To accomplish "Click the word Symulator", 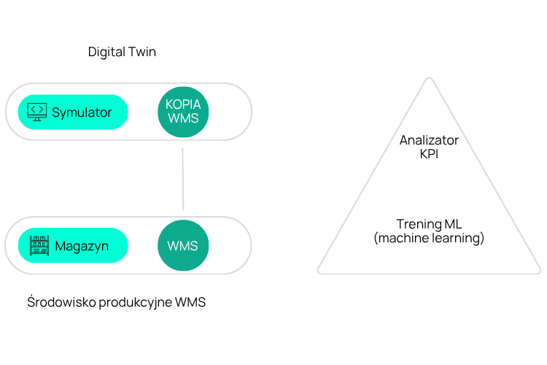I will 82,112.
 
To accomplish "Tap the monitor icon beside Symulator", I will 36,112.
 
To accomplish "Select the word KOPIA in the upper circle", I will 183,104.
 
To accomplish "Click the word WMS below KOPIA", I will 183,118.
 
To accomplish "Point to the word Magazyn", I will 82,246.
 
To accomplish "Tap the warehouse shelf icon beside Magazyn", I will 39,245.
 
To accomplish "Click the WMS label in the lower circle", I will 183,246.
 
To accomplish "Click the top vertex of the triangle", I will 430,78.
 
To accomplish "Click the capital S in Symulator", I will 55,112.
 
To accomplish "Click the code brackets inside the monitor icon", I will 36,109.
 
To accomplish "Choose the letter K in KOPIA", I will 169,104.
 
